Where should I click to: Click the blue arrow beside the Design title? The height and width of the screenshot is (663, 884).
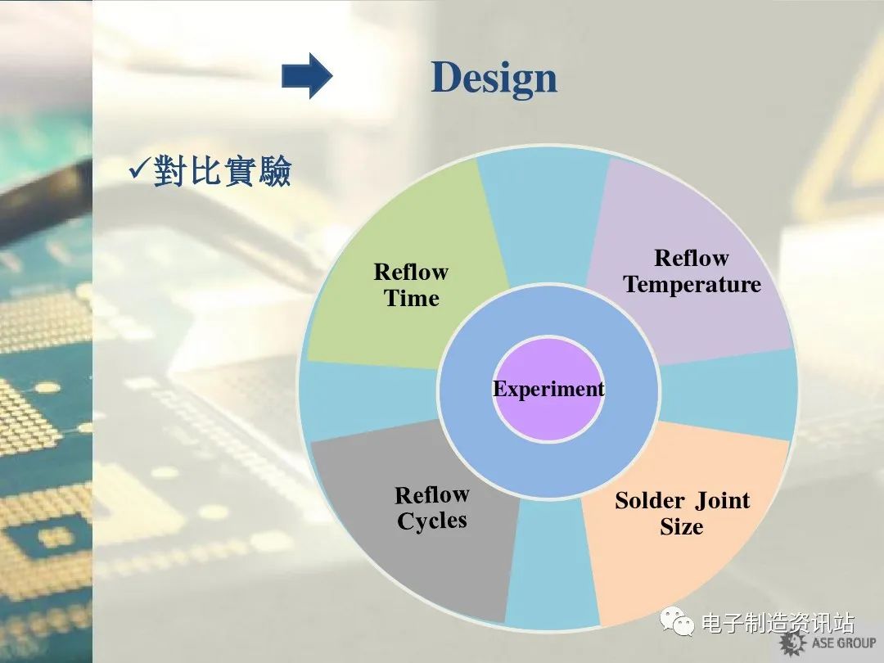[x=307, y=75]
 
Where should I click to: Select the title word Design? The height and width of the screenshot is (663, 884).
[x=494, y=78]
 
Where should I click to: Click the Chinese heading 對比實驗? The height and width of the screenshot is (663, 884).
[x=222, y=171]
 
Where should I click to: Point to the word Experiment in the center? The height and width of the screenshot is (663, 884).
[x=548, y=389]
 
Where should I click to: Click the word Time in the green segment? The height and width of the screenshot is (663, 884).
[x=412, y=298]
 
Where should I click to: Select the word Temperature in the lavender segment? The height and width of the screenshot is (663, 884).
[x=692, y=285]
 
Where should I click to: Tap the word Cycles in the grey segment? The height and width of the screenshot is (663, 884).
[x=432, y=521]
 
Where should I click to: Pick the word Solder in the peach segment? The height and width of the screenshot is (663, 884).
[x=650, y=501]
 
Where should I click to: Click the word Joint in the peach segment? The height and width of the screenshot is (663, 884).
[x=722, y=501]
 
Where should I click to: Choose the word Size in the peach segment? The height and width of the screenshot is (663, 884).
[x=682, y=526]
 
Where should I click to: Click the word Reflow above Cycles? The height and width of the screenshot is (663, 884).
[x=432, y=495]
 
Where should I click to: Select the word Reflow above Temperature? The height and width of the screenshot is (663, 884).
[x=692, y=258]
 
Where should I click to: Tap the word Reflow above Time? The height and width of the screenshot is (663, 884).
[x=411, y=272]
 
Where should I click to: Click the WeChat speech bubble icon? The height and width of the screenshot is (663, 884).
[x=677, y=621]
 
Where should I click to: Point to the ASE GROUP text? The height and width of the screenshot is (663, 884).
[x=844, y=643]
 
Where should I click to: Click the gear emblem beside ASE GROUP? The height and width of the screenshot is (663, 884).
[x=792, y=643]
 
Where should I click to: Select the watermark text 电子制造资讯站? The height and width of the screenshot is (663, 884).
[x=778, y=623]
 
